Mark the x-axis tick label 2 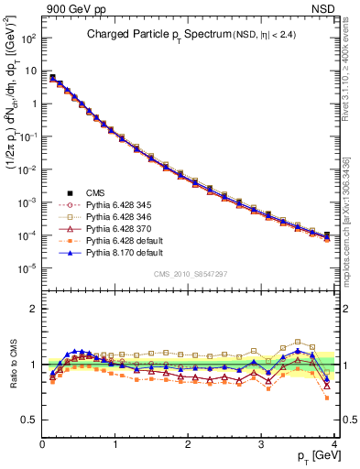(x=188, y=445)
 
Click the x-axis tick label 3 (x=261, y=445)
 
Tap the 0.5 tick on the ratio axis (x=29, y=420)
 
